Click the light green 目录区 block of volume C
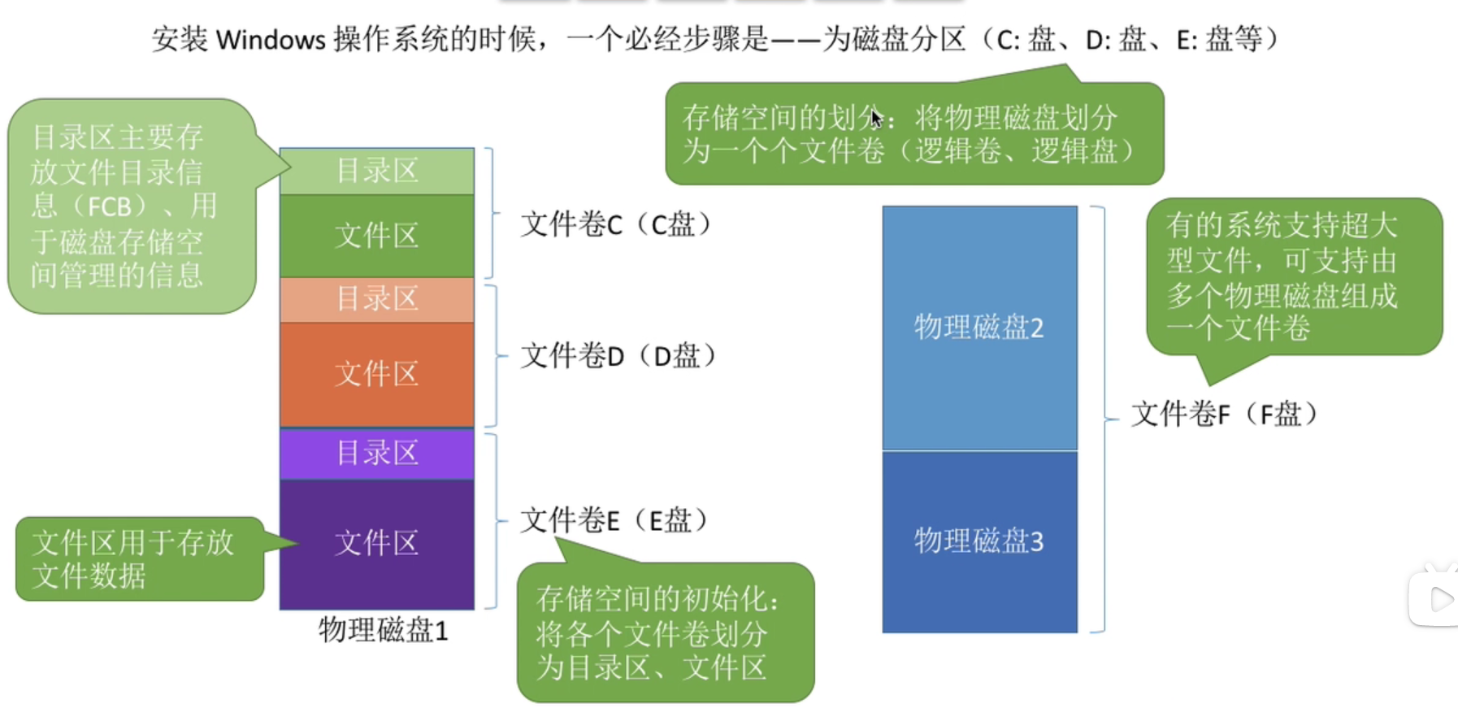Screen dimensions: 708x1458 [377, 171]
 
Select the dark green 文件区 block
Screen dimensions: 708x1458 [377, 236]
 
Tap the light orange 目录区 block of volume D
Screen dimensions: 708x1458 [377, 299]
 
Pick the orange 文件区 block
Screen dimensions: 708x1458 [377, 374]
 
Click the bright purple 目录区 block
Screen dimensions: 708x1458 [377, 453]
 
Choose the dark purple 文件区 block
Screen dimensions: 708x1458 [377, 543]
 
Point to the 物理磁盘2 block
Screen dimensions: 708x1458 [979, 328]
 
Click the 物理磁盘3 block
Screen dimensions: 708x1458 [979, 541]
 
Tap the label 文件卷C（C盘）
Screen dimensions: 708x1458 [616, 224]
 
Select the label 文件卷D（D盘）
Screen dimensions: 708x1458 [618, 356]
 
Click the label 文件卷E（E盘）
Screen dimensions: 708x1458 [614, 520]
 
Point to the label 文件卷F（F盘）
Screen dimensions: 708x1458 [1224, 415]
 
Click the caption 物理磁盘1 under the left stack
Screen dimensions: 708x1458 [383, 630]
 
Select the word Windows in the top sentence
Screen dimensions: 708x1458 [271, 39]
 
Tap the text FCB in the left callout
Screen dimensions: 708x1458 [110, 206]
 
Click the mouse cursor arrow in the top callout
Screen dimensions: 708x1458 [876, 119]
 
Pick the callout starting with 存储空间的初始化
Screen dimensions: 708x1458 [665, 632]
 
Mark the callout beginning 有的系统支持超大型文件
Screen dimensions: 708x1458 [1292, 276]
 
